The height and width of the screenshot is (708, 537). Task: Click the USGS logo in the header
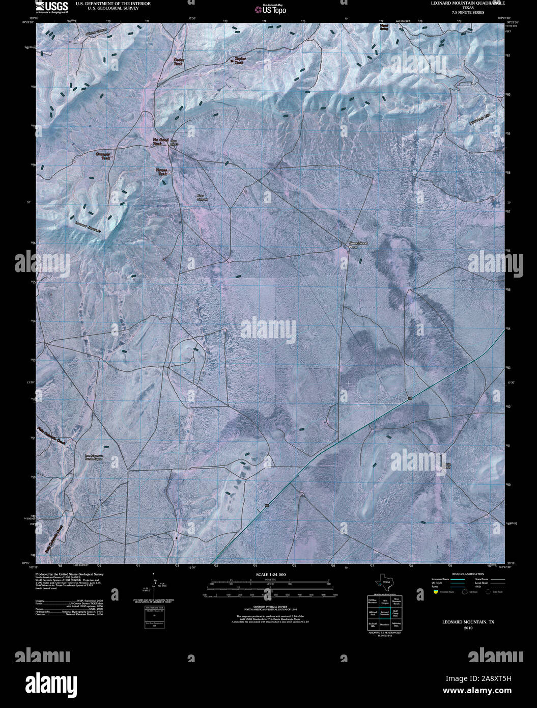coord(52,6)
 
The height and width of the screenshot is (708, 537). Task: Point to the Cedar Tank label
coord(179,62)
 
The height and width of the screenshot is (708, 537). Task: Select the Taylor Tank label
coord(240,60)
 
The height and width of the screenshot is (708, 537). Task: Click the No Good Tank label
coord(161,142)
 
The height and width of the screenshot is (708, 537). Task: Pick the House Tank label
coord(162,172)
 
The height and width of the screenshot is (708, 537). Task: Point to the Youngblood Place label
coord(357,246)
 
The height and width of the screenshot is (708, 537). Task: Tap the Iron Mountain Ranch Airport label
coord(94,457)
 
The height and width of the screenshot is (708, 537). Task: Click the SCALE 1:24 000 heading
coord(268,575)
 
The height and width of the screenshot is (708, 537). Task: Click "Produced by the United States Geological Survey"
coord(69,574)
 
